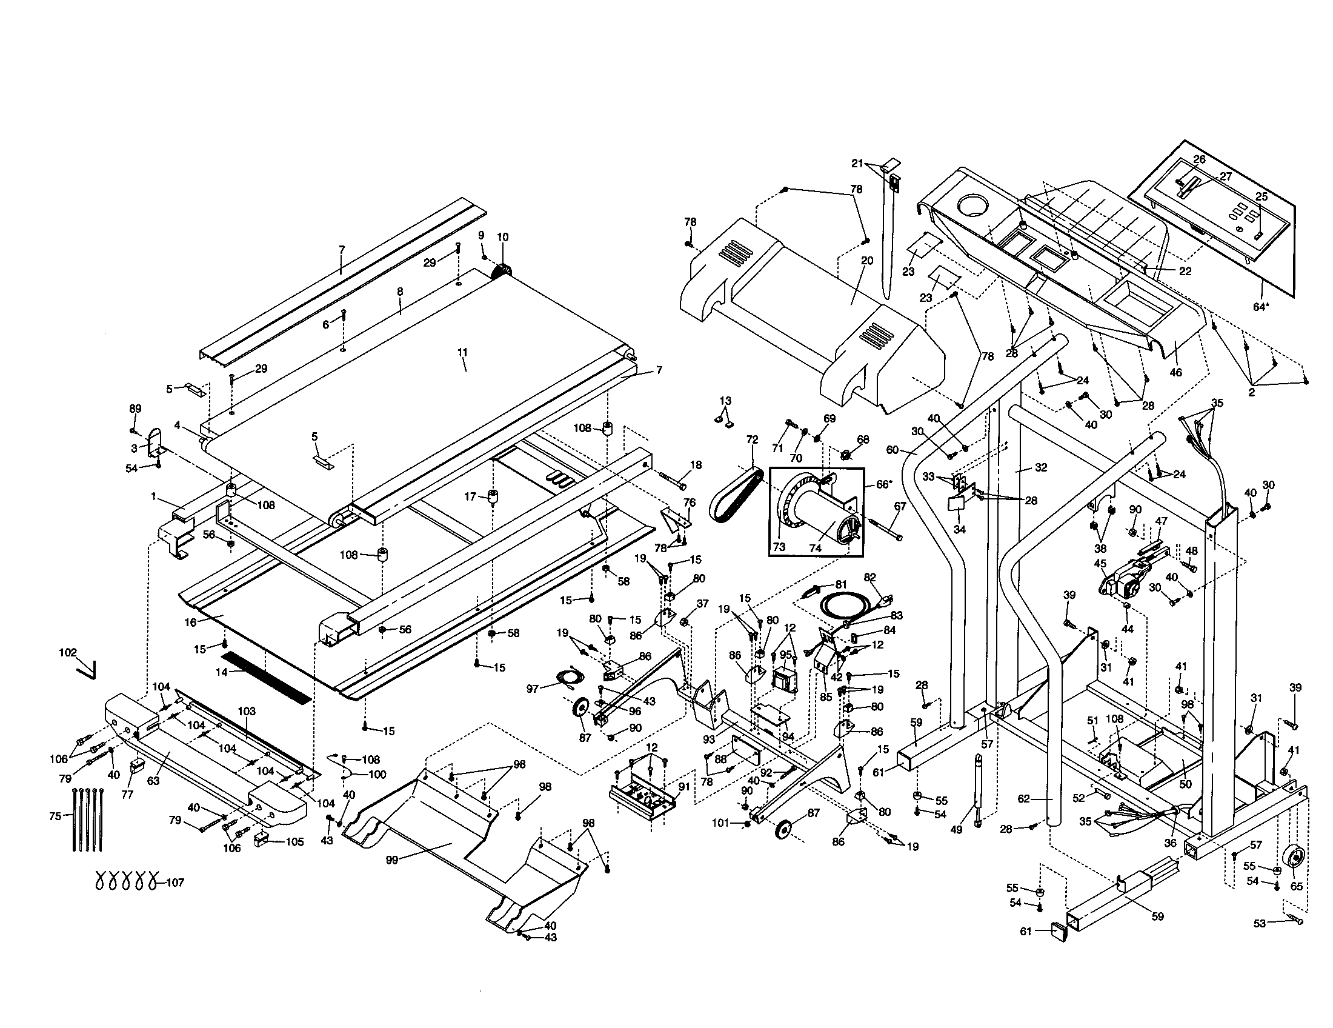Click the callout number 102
[x=68, y=652]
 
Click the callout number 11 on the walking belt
[x=462, y=352]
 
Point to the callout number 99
[x=392, y=860]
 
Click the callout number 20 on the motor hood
[x=867, y=261]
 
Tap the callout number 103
[x=247, y=711]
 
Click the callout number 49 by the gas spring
[x=956, y=829]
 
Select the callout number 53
[x=1260, y=924]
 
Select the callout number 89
[x=136, y=409]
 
